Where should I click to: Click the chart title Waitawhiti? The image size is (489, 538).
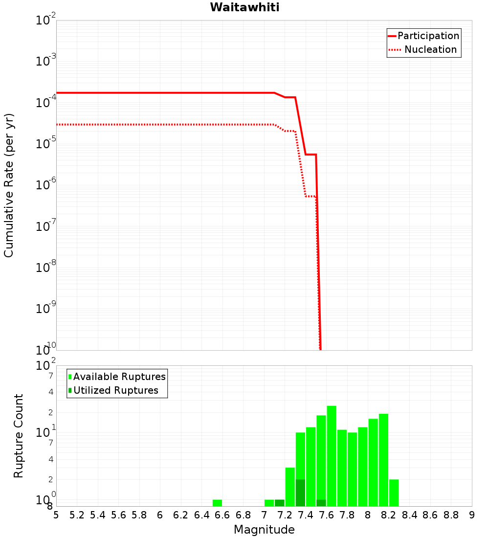[x=244, y=8]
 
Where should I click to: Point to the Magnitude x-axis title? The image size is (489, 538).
[x=264, y=530]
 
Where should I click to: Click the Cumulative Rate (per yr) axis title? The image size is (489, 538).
[x=9, y=185]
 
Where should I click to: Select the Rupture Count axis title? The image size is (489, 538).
[x=19, y=436]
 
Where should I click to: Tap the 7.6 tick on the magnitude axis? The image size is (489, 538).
[x=326, y=515]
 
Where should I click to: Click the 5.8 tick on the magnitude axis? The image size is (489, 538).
[x=139, y=515]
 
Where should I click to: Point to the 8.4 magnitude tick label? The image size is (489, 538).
[x=410, y=515]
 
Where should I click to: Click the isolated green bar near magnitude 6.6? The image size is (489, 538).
[x=217, y=503]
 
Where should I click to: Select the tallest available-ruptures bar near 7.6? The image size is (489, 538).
[x=332, y=456]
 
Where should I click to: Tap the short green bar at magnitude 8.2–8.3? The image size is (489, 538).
[x=394, y=493]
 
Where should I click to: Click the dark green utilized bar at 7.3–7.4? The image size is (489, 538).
[x=300, y=493]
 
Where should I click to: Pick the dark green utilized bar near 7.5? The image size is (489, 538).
[x=321, y=503]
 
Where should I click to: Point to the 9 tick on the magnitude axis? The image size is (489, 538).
[x=472, y=515]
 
